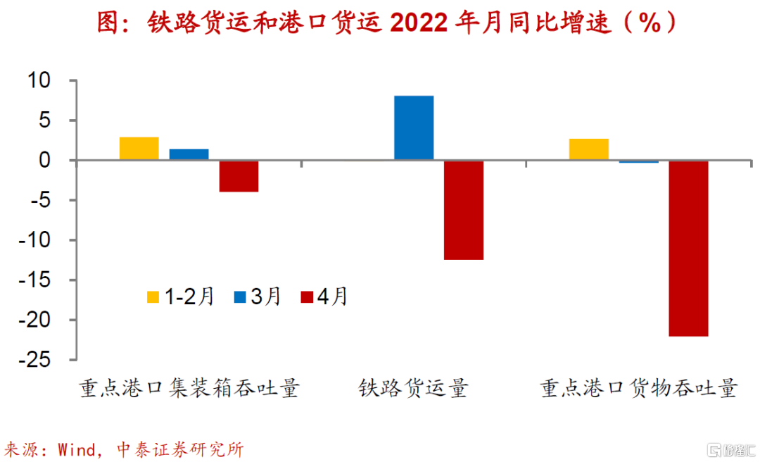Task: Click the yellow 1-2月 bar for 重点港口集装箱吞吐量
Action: coord(139,149)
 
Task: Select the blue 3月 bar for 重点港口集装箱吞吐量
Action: coord(189,154)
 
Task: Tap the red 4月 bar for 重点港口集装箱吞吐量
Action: coord(239,176)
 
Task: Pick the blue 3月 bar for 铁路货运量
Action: coord(414,127)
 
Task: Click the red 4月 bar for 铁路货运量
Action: coord(464,210)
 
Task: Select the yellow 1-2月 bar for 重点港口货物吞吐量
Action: coord(589,149)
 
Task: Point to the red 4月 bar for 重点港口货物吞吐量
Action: coord(689,249)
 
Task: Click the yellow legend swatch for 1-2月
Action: coord(153,297)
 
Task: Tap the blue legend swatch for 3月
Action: coord(240,297)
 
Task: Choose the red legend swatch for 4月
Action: coord(307,297)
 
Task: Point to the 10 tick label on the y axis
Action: coord(39,80)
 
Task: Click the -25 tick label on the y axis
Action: coord(34,360)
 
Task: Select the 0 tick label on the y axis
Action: coord(44,160)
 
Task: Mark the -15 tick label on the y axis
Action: coord(34,280)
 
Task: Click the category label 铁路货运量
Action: coord(414,388)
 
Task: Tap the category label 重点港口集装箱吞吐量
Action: coord(189,388)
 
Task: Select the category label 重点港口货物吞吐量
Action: coord(639,388)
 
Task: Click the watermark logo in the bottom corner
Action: coord(731,450)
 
